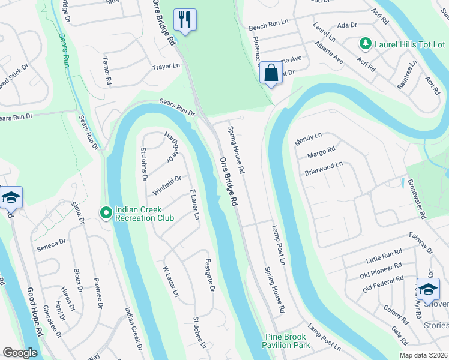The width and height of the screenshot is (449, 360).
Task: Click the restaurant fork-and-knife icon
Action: tap(185, 20)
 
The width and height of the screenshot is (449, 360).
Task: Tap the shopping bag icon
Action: tap(271, 74)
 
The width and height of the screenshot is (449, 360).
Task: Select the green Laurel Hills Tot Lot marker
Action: tap(364, 43)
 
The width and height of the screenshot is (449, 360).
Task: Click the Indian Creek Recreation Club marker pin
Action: tap(106, 212)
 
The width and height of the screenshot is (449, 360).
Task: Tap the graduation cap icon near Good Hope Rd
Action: tap(10, 197)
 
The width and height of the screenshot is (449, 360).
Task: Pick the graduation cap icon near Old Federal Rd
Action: tap(427, 289)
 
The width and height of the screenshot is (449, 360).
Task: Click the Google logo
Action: tap(20, 353)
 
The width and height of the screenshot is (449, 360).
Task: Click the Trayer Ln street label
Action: tap(166, 67)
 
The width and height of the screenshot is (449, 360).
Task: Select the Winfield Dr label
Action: tap(167, 179)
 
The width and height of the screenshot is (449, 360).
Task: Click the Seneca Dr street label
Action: tap(50, 243)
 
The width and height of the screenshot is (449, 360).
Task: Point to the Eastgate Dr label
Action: tap(209, 275)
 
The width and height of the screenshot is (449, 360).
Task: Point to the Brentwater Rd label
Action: tap(416, 199)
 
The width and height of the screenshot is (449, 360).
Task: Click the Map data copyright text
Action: tap(423, 355)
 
